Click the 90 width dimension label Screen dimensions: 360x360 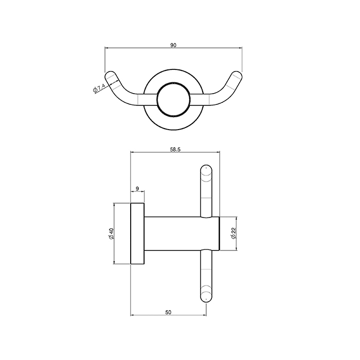point(173,45)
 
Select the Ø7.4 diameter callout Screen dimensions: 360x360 point(99,88)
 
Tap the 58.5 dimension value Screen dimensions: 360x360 point(175,150)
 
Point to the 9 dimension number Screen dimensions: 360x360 point(137,189)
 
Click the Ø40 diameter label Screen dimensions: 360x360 point(112,233)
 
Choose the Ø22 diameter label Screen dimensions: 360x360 point(234,233)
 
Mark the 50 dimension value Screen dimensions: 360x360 point(168,312)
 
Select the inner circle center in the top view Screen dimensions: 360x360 point(174,100)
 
